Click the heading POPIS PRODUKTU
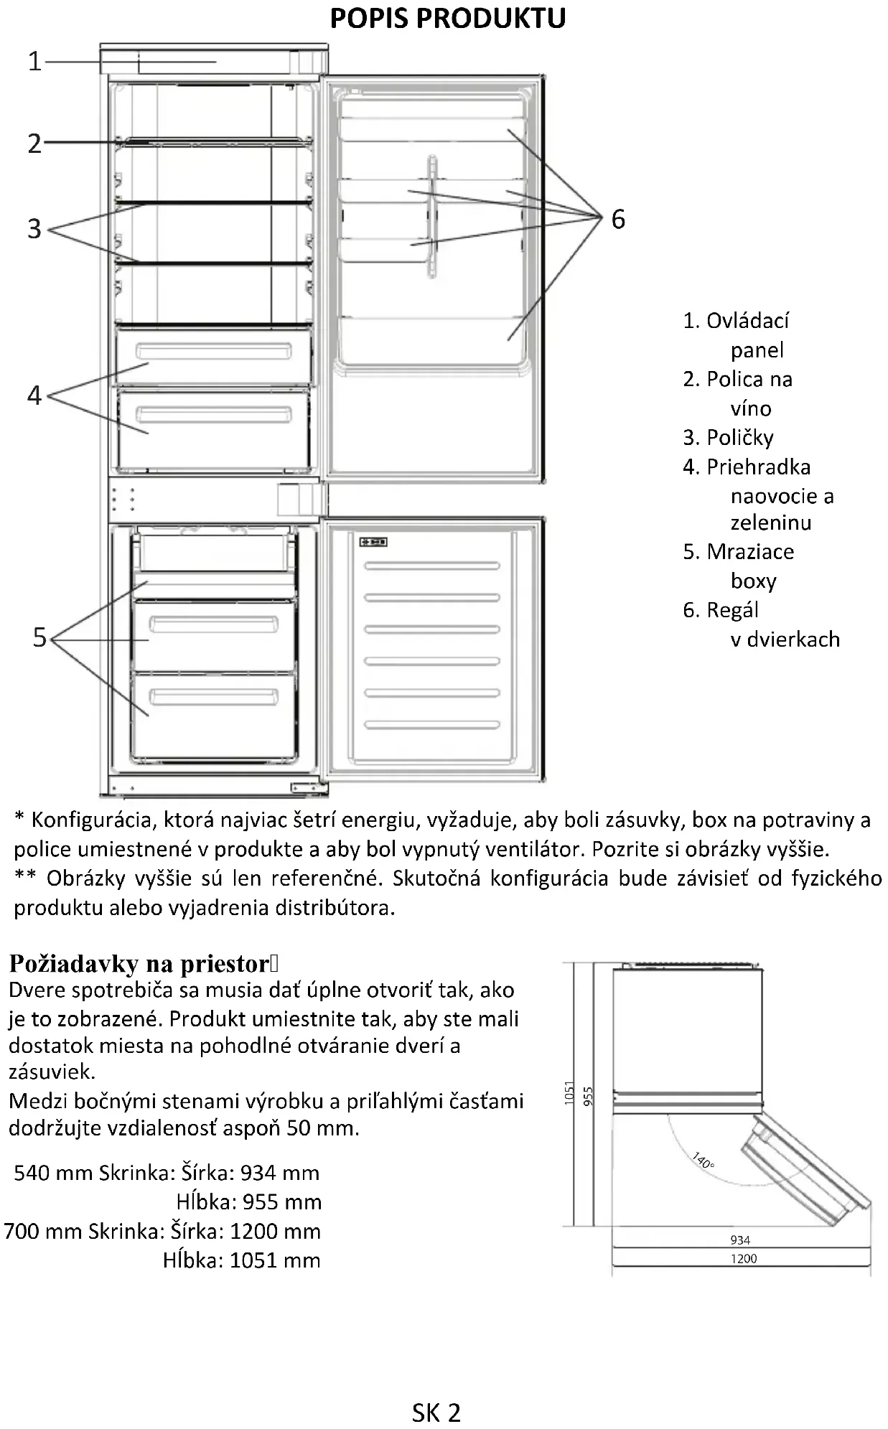[447, 19]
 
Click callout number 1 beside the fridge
[34, 62]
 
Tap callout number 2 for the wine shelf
[34, 144]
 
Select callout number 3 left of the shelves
[34, 229]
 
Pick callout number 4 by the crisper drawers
[34, 395]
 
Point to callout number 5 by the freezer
[39, 637]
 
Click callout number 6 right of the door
[618, 220]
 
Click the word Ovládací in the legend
[747, 321]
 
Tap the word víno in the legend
[751, 409]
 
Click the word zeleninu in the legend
[771, 523]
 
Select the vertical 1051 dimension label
[569, 1093]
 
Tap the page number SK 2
[436, 1412]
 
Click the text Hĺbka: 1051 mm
[241, 1260]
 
